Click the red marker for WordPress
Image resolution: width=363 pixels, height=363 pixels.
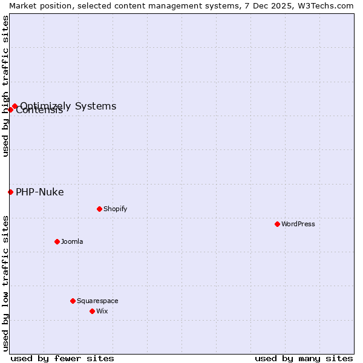click(x=277, y=224)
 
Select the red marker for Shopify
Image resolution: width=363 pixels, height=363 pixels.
click(x=99, y=209)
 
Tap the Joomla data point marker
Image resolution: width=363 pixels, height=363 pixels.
click(x=57, y=241)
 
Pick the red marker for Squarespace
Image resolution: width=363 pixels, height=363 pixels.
click(x=73, y=301)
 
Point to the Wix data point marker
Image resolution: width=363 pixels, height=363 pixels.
click(x=92, y=311)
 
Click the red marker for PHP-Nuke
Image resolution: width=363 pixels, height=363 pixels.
click(x=10, y=192)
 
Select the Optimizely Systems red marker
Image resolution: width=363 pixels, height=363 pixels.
click(x=15, y=106)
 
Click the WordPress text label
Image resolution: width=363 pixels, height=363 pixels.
click(x=298, y=224)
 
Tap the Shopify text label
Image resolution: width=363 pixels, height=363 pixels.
click(x=115, y=209)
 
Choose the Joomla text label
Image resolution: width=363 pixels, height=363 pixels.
click(x=72, y=241)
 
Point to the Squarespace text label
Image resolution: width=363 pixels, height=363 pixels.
click(x=97, y=301)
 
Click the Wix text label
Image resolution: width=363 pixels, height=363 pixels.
click(x=102, y=311)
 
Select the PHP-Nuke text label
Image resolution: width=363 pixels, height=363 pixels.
click(x=39, y=192)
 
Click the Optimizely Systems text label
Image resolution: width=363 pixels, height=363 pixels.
click(x=68, y=106)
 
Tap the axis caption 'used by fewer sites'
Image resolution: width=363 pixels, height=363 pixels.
click(x=62, y=358)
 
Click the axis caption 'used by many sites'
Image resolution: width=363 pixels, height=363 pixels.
click(x=304, y=358)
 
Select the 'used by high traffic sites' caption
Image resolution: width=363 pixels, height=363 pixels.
click(x=6, y=86)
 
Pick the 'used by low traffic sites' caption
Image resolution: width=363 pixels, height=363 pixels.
click(x=6, y=283)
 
